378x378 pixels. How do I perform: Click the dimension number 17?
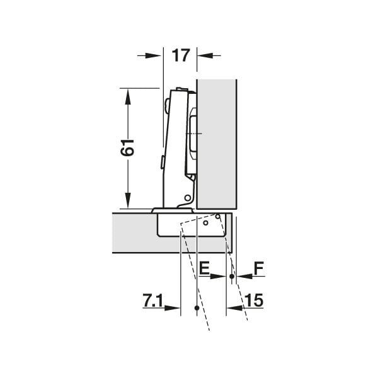click(x=180, y=55)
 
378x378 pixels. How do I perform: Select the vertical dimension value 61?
click(x=128, y=148)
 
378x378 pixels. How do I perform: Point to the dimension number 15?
click(x=255, y=302)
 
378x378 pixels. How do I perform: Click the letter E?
click(x=203, y=269)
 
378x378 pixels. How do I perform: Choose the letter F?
click(x=258, y=269)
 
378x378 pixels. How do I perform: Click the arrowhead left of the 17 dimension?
click(x=154, y=55)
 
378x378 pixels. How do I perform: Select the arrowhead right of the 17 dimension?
click(x=205, y=55)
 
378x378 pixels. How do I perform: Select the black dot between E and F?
click(x=232, y=276)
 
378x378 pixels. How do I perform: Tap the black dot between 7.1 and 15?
click(x=197, y=308)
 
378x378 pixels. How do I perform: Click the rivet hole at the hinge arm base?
click(x=186, y=198)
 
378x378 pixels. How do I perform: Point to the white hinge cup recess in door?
click(x=189, y=225)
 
